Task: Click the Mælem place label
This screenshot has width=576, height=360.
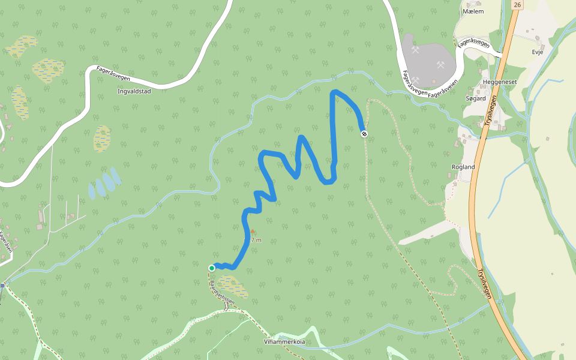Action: [x=473, y=11]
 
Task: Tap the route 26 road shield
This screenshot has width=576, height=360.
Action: [x=517, y=5]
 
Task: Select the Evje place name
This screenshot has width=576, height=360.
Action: [x=537, y=52]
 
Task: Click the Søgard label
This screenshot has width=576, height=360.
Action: [x=476, y=98]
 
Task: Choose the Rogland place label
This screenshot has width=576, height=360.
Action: [x=463, y=167]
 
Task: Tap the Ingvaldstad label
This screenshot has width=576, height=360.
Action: [x=134, y=92]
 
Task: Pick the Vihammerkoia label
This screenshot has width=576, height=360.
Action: [x=285, y=342]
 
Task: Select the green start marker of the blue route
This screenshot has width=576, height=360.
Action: [x=212, y=268]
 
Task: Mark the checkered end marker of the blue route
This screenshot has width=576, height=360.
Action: [x=364, y=133]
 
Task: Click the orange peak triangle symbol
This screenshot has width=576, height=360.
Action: [x=253, y=231]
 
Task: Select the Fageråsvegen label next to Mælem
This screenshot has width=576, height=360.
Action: [x=473, y=43]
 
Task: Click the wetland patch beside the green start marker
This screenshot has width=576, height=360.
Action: [x=232, y=287]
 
